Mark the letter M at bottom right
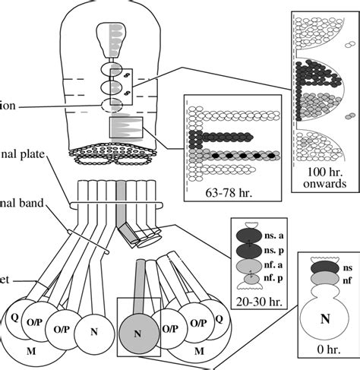[x=199, y=352]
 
